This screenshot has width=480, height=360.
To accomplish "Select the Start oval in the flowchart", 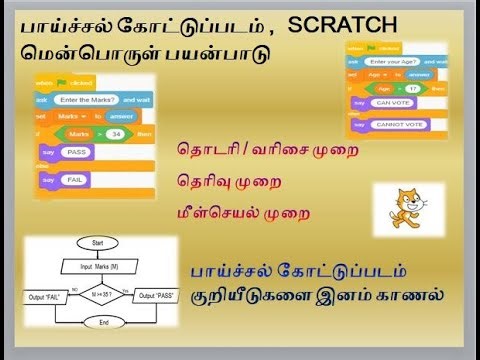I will (x=97, y=243).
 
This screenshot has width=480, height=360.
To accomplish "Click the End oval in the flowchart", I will (x=97, y=321).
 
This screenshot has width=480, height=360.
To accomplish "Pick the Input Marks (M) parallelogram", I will (x=97, y=265).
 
